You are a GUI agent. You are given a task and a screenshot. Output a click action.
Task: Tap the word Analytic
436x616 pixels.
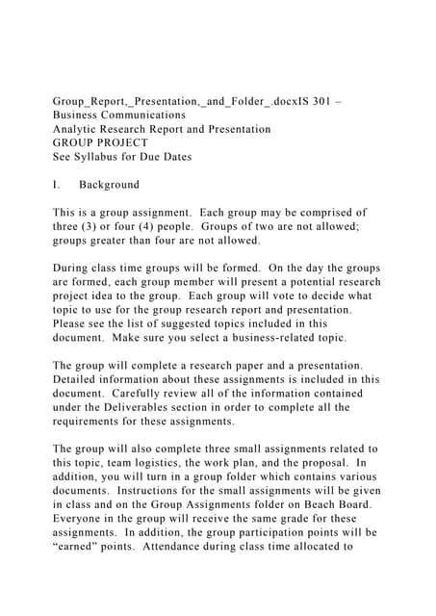coord(77,129)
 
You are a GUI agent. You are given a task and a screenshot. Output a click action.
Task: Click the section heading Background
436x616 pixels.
coord(109,185)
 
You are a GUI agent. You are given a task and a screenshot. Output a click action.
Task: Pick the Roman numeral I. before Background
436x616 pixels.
coord(58,185)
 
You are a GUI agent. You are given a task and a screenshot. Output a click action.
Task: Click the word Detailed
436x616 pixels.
coord(80,379)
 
